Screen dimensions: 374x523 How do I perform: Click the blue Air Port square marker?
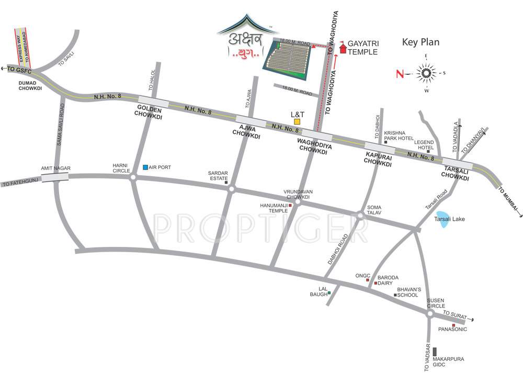point(145,167)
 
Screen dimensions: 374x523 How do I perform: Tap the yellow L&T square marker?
point(297,121)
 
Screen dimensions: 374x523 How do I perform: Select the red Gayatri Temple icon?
point(343,48)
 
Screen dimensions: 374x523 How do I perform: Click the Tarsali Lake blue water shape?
point(442,223)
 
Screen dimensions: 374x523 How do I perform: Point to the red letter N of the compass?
point(400,74)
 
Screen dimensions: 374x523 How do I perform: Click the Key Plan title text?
point(420,42)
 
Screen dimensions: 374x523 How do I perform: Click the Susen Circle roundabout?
point(430,314)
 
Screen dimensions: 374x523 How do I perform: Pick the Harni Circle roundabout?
point(133,178)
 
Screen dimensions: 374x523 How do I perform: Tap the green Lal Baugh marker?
point(329,293)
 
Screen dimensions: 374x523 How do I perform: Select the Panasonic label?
point(452,330)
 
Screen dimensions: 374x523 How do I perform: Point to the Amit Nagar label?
point(55,168)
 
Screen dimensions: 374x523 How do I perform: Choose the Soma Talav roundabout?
point(360,214)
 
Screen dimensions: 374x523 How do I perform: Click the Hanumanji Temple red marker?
point(290,206)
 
